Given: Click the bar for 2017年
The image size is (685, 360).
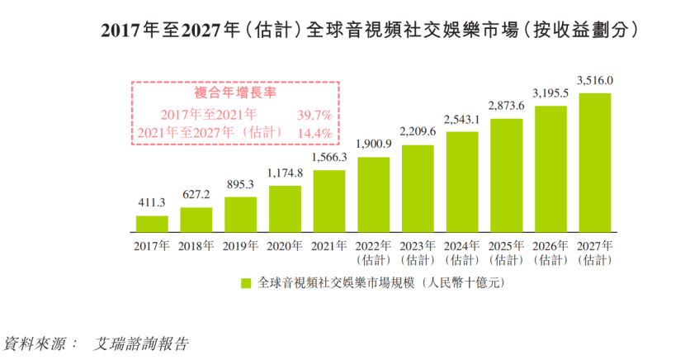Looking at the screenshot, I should [x=152, y=224].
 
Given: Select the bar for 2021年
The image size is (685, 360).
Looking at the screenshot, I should [x=329, y=201].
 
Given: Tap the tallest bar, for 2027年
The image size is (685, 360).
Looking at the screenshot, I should [x=595, y=162].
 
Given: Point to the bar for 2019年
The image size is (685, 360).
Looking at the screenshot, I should [x=240, y=214].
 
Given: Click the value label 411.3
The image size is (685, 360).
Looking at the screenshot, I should [x=152, y=203].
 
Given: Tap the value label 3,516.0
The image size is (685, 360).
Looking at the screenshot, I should [x=595, y=80].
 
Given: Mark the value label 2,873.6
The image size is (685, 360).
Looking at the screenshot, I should [x=507, y=106].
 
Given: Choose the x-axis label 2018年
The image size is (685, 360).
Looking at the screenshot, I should [x=196, y=245].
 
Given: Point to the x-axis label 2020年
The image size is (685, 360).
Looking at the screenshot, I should [x=286, y=245].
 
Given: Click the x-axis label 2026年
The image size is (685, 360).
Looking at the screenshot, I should [x=551, y=245].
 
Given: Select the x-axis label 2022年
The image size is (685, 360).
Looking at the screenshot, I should [x=374, y=245].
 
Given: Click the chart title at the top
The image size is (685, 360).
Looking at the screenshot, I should [x=370, y=31].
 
